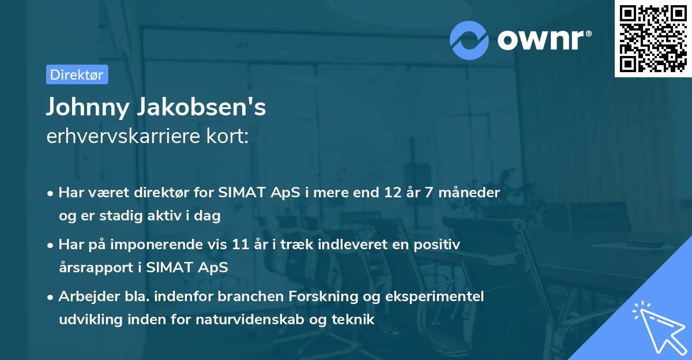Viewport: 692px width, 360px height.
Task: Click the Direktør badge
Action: tap(77, 74)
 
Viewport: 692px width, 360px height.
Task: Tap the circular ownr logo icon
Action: tap(469, 40)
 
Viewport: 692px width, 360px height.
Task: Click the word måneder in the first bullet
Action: tap(470, 193)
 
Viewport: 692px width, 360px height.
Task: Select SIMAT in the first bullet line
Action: tap(238, 193)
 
